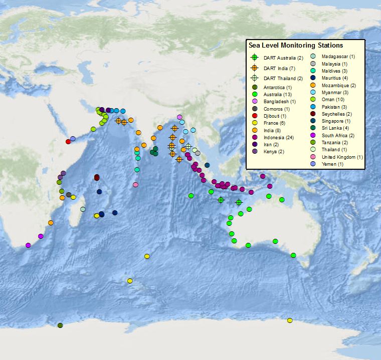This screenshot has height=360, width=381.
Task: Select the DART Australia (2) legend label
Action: [283, 58]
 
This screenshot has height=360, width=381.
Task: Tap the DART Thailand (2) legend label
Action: [283, 78]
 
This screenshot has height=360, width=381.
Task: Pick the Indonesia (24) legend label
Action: [279, 137]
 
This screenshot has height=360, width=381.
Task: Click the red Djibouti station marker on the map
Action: [68, 141]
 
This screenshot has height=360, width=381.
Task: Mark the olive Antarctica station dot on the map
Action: [60, 325]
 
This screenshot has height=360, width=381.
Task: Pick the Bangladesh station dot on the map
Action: [179, 117]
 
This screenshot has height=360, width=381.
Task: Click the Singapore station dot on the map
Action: [207, 165]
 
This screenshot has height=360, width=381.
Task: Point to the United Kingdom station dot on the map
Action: [135, 185]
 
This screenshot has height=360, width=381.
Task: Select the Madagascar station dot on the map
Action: [83, 209]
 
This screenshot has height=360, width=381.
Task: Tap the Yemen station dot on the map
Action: [73, 139]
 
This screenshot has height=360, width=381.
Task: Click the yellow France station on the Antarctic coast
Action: [290, 320]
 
